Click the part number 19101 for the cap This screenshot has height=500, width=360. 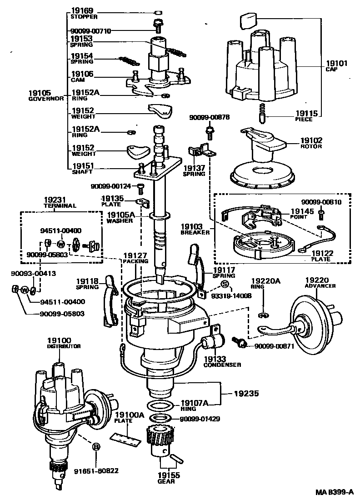point(337,64)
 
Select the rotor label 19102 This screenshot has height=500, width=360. point(311,140)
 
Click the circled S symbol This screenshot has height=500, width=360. point(225,284)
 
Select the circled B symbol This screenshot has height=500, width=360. point(96,447)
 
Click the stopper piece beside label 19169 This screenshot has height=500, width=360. point(158,12)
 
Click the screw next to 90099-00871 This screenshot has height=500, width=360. point(240,341)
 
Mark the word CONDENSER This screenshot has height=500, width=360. point(222,365)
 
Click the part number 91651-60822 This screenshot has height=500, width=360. point(96,470)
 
